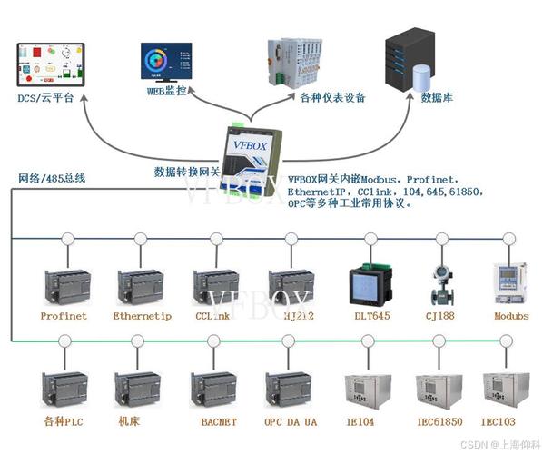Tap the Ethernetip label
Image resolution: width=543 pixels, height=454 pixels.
(142, 316)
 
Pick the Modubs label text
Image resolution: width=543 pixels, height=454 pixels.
(510, 316)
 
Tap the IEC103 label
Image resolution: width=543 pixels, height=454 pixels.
(500, 421)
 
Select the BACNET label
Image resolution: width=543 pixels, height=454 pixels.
(217, 421)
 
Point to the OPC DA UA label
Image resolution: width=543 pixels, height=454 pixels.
(291, 421)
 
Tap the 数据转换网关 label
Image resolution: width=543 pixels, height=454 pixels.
(187, 170)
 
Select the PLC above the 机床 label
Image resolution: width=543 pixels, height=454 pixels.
(138, 389)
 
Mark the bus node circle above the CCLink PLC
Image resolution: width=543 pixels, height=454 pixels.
(216, 239)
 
